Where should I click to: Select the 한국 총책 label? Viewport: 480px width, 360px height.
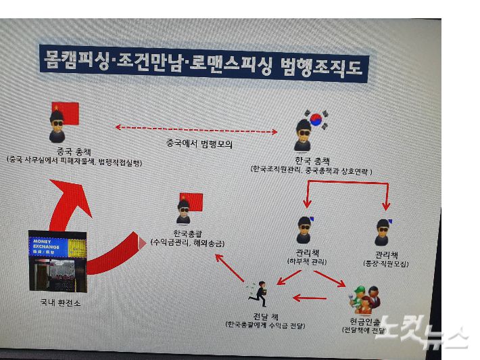(x=311, y=160)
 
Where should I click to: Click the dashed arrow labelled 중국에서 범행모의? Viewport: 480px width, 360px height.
(x=197, y=129)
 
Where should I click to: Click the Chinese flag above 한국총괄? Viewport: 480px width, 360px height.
(x=191, y=202)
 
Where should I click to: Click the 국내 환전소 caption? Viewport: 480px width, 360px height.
(x=59, y=303)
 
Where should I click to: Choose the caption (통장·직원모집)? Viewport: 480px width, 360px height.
(x=386, y=264)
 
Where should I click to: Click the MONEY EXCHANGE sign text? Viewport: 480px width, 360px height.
(x=45, y=244)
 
